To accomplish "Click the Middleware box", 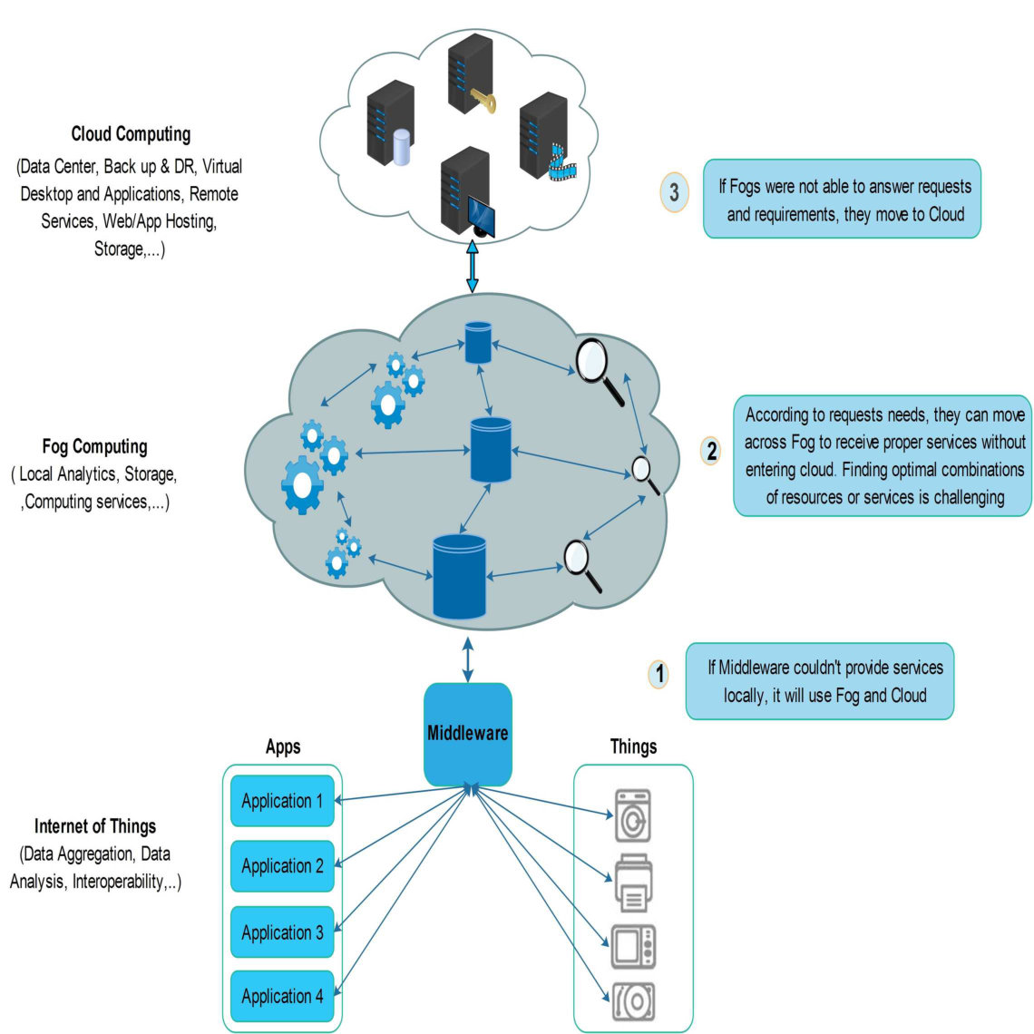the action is (x=467, y=734).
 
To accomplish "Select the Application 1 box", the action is (x=282, y=801).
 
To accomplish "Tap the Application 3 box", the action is (x=282, y=932).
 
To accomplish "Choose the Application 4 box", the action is (x=282, y=996).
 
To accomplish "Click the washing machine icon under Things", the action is (x=633, y=815).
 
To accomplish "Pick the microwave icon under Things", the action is (x=633, y=946).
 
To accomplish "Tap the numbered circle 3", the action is (x=674, y=192).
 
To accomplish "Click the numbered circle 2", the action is (x=711, y=451).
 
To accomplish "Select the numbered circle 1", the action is (x=658, y=674).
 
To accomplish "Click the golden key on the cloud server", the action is (x=484, y=101).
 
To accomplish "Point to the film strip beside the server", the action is (x=561, y=164).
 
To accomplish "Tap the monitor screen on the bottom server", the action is (x=482, y=215).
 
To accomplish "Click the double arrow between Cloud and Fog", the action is (x=473, y=266).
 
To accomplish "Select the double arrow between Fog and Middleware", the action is (x=467, y=659).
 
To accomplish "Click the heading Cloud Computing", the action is (x=131, y=134).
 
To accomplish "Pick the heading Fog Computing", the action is (x=95, y=446).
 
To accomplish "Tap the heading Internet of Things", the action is (x=95, y=826).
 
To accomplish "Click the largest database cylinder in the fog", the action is (x=459, y=577).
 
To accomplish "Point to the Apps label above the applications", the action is (x=283, y=746).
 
